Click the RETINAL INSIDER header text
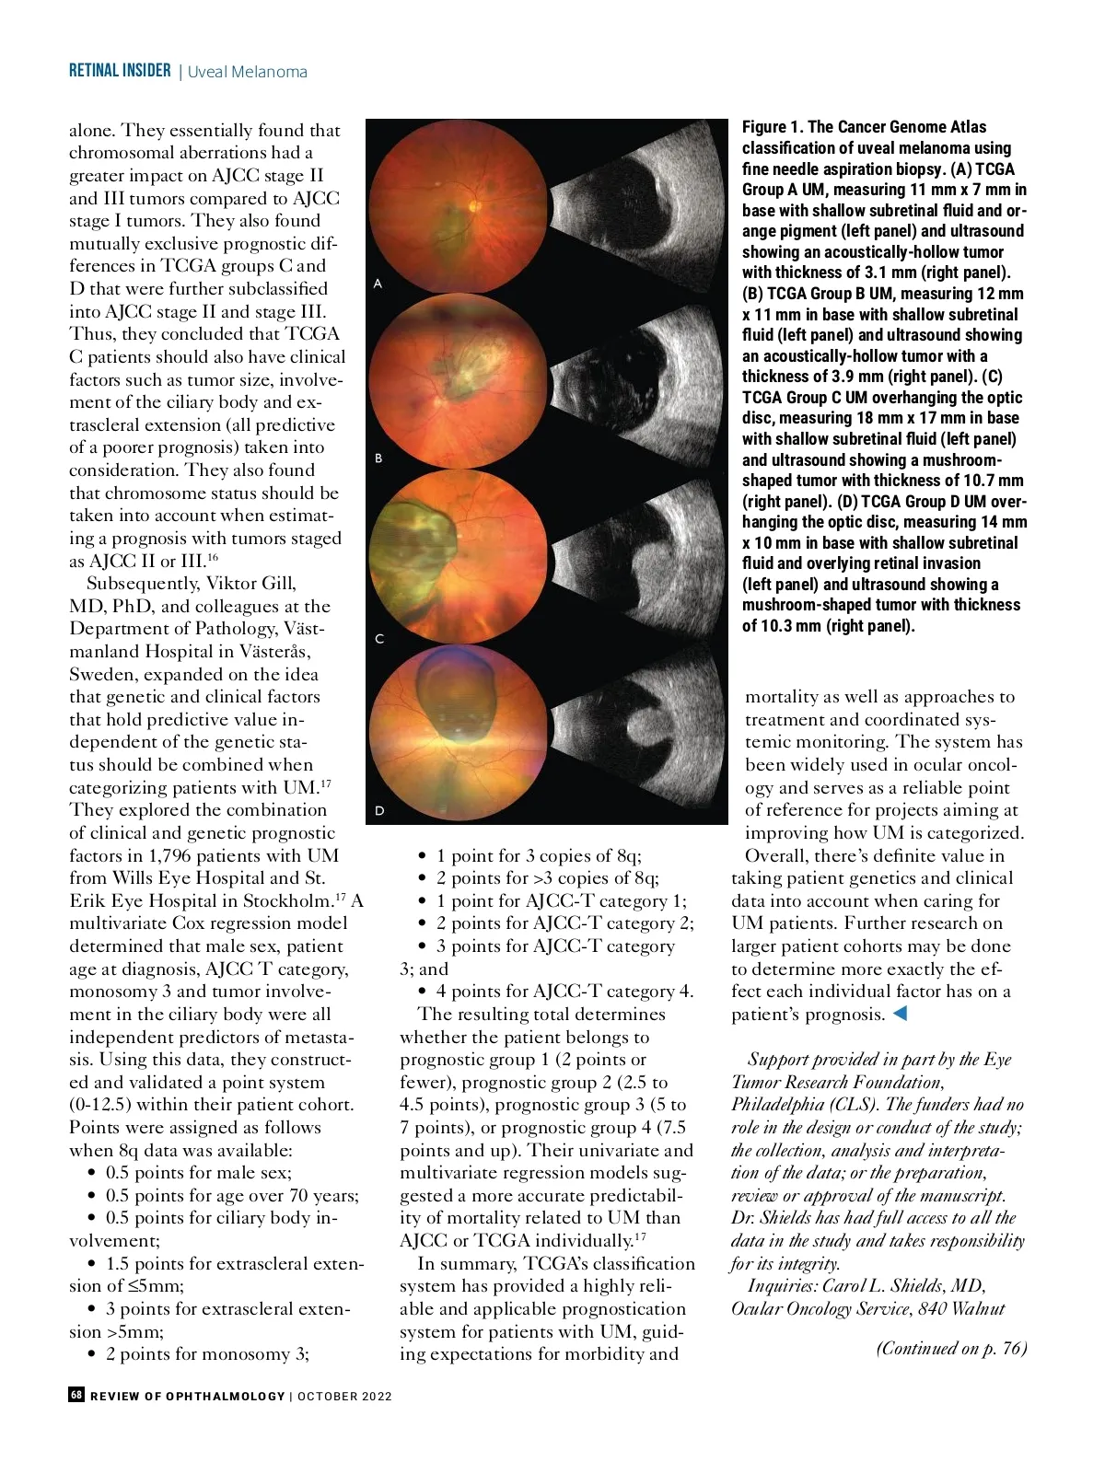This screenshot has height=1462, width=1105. pos(120,71)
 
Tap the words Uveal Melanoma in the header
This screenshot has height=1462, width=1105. pos(247,72)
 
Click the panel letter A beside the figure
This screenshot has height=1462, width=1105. pos(378,284)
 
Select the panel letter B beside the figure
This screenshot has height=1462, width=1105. pos(378,458)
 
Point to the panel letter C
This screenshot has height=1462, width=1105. pos(378,638)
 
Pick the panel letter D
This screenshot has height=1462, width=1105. pos(378,811)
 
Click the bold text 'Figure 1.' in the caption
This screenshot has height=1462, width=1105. pos(773,127)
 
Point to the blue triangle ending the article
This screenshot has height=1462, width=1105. pos(901,1014)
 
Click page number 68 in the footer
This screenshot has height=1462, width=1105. pos(76,1395)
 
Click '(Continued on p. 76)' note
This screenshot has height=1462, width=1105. pos(951,1349)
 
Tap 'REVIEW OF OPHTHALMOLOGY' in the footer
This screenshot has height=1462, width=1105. pos(188,1396)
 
